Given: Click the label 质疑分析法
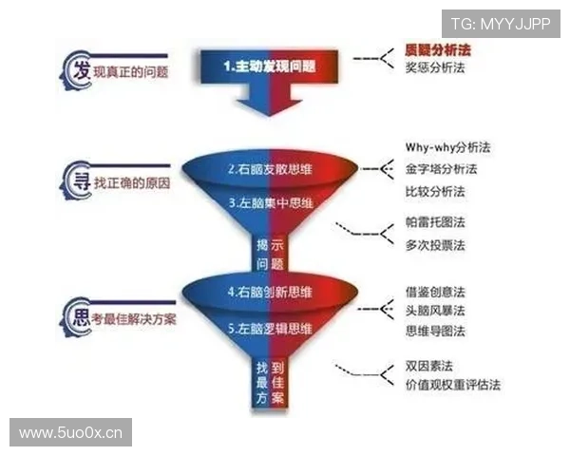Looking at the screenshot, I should [x=439, y=48].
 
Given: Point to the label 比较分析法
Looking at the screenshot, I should [x=435, y=191].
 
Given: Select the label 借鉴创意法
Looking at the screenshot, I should [x=435, y=291].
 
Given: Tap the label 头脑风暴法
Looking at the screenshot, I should [x=435, y=311].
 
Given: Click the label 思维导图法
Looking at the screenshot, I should [x=435, y=331].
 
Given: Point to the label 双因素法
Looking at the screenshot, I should [x=428, y=366].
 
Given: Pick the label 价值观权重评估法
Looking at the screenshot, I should [x=452, y=385].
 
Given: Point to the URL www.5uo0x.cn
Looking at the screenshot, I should [x=71, y=433].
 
